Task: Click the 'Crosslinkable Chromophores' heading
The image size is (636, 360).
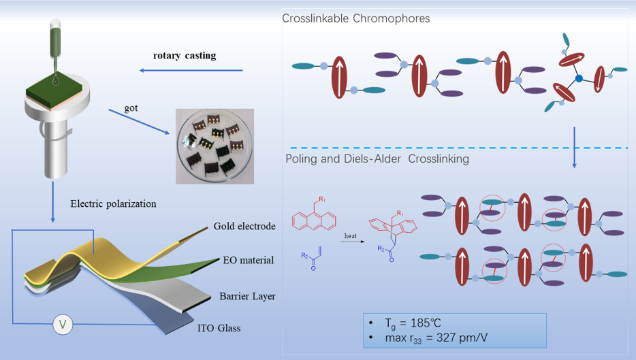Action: (355, 18)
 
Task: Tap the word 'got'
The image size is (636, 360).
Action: (132, 108)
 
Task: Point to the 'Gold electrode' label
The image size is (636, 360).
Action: (244, 226)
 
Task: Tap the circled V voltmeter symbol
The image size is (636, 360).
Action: (63, 325)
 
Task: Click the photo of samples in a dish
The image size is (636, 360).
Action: (214, 146)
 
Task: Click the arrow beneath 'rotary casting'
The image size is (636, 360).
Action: (190, 70)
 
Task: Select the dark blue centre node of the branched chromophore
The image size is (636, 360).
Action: (579, 79)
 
